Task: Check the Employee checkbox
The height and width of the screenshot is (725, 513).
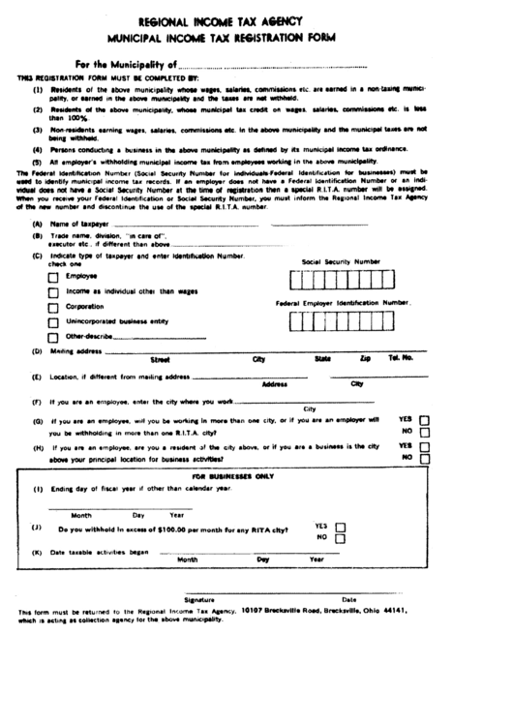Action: point(54,278)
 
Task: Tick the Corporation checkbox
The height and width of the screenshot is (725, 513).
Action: point(54,308)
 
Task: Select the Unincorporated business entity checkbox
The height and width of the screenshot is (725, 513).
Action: point(54,322)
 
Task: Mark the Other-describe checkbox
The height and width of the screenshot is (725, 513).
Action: point(54,338)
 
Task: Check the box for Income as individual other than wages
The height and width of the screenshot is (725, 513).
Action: point(54,292)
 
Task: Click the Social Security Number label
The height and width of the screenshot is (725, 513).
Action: point(341,261)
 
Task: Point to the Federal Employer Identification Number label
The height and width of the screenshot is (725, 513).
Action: point(343,303)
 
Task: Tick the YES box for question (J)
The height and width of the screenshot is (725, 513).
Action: point(340,527)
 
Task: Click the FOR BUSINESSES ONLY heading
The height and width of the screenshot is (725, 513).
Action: point(233,476)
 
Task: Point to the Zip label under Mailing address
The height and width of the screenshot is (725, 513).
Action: point(364,359)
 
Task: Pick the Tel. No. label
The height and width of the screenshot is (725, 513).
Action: point(401,358)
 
